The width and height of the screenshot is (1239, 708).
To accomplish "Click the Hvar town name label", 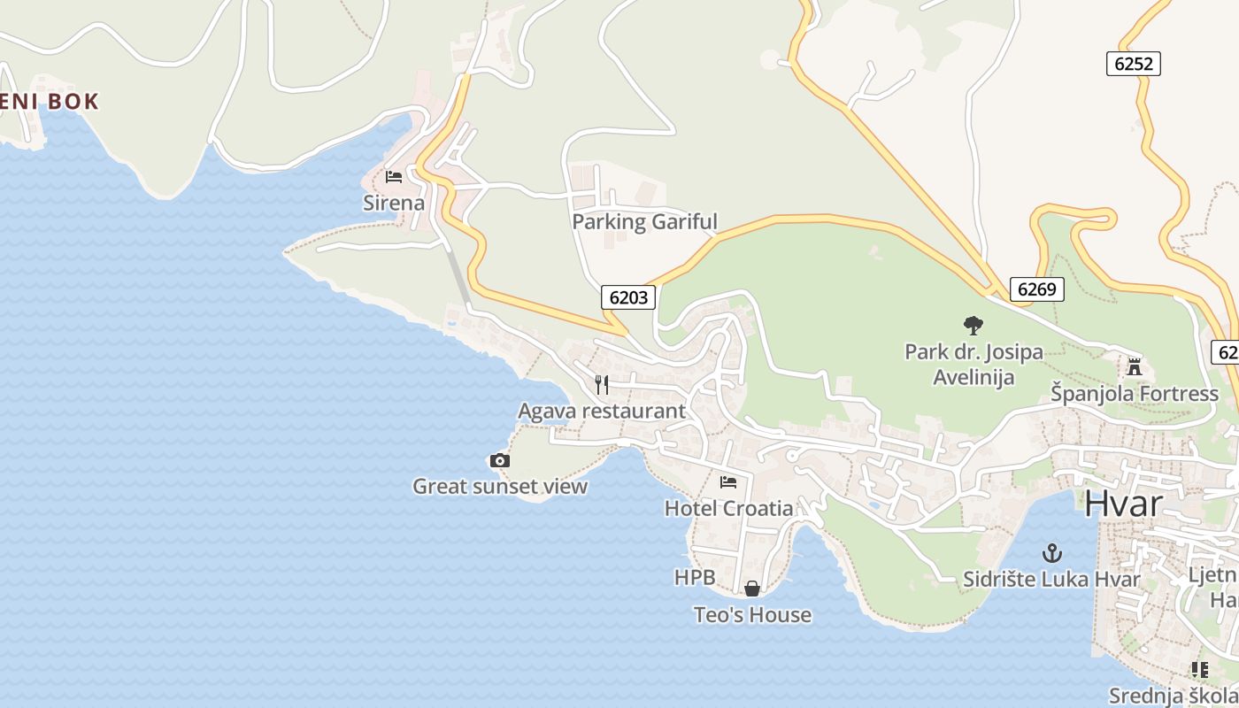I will (1123, 504).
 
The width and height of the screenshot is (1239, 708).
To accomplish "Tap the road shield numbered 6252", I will (1133, 64).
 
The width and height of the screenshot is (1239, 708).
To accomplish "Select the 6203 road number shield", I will (628, 297).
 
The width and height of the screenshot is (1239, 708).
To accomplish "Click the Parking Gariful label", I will (644, 221).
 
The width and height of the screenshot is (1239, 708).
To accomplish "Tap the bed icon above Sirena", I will (394, 177).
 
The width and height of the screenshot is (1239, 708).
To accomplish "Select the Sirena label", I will (394, 203).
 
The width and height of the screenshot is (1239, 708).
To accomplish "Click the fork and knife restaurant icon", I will (602, 384).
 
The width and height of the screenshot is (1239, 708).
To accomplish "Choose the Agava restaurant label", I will (602, 411).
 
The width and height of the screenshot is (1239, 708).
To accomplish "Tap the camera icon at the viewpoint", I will (500, 460).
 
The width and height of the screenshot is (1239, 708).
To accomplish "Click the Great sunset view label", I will (500, 486).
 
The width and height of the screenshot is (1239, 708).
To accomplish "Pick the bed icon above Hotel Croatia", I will (728, 482).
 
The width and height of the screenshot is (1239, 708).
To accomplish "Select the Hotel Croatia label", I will (728, 508).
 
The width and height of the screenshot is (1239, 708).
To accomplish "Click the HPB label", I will (694, 578).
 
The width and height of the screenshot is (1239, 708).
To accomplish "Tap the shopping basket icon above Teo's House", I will (752, 589).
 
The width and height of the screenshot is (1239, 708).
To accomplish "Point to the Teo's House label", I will (752, 614).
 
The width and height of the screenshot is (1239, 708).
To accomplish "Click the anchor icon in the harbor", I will (1052, 554).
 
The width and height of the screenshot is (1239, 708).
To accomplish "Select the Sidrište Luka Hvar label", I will (1052, 580).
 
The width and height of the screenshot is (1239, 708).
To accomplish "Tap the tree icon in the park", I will (973, 326).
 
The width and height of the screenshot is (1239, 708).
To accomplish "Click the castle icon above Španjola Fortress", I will (1135, 366).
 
